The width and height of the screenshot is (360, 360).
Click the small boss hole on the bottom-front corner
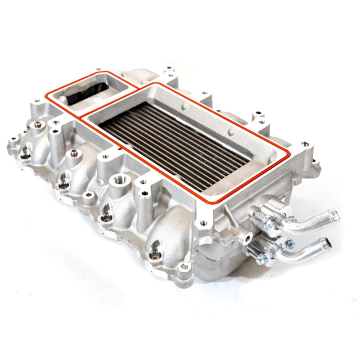(184, 266)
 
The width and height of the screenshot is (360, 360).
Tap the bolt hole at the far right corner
(306, 144)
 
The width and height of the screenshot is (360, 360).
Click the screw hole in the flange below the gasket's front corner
(203, 222)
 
